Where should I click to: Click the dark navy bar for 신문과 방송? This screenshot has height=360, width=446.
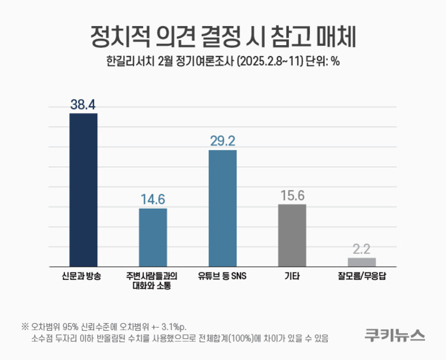point(83,190)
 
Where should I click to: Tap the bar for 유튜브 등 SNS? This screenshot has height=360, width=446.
point(222,208)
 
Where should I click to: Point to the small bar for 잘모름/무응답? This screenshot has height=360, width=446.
point(362,262)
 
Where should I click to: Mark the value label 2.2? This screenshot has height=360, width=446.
point(362,249)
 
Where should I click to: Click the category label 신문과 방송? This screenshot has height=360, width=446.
point(83,276)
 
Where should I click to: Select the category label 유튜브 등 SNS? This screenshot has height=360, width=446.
point(222,276)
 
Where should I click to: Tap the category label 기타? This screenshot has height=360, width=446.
point(292,276)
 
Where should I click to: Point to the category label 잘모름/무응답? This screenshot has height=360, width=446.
point(362,276)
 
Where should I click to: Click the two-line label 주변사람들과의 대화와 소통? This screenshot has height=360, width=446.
point(152,281)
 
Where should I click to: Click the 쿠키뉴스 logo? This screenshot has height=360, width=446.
point(395,335)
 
